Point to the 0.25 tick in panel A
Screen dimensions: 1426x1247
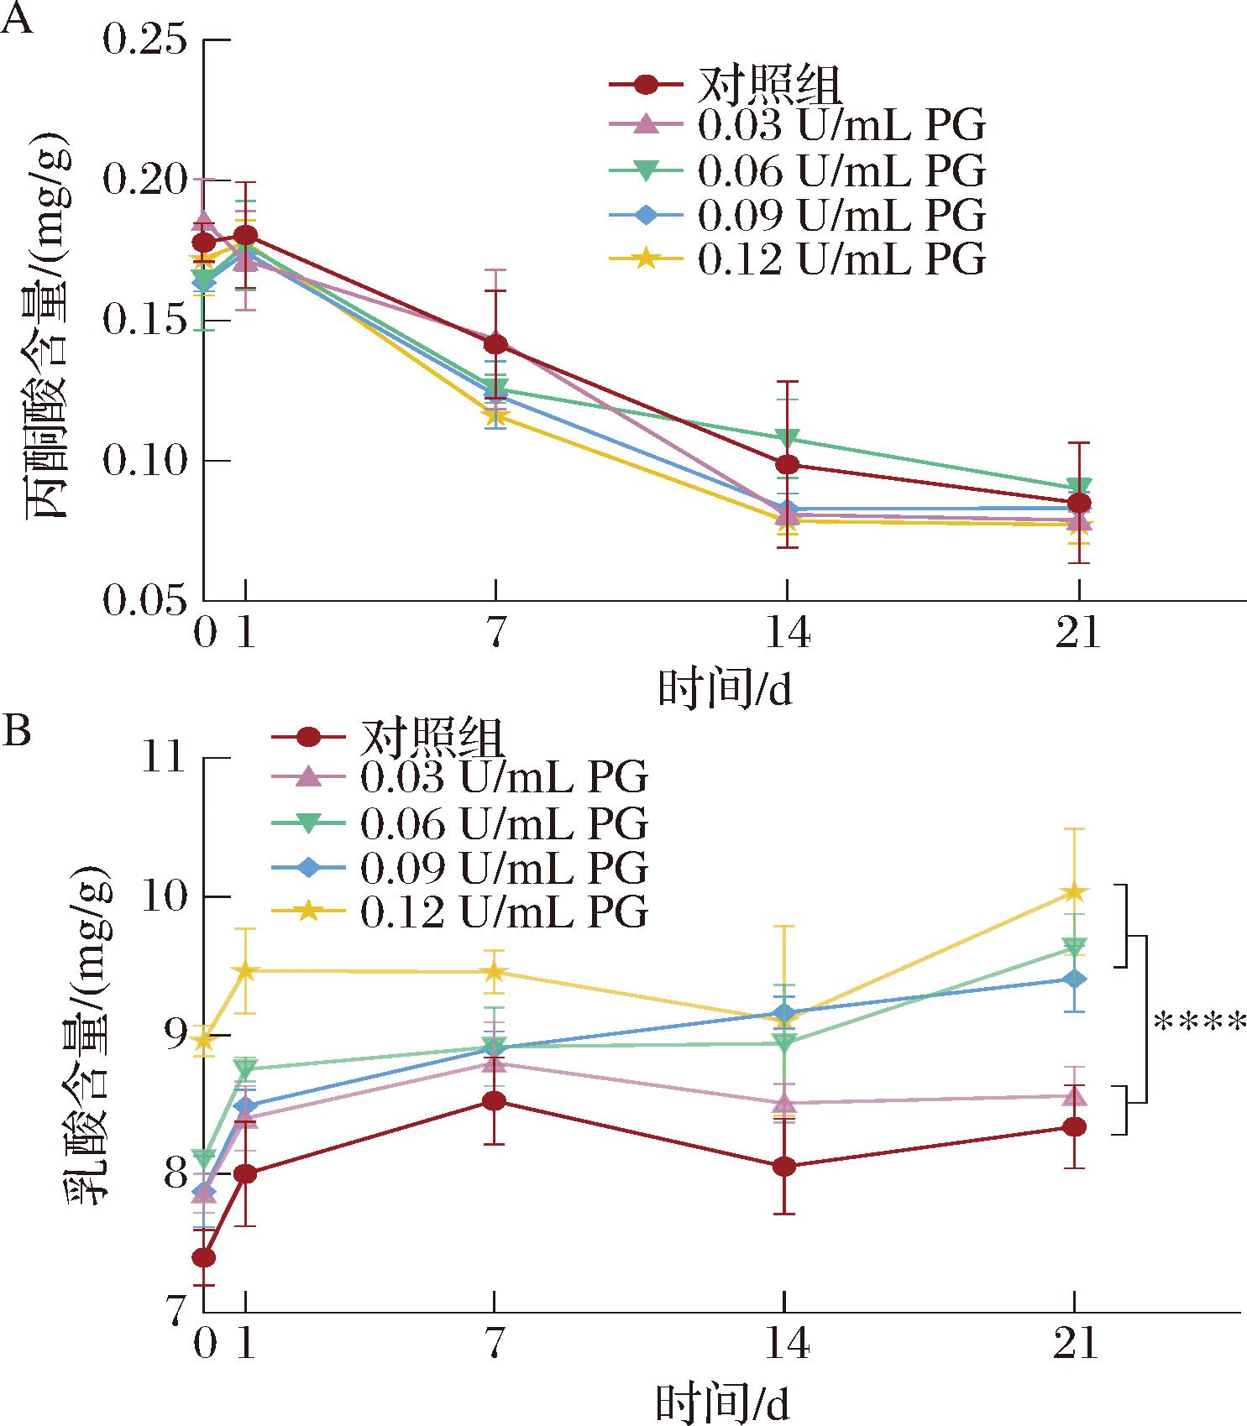point(144,39)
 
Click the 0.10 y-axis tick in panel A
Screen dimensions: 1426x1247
point(144,461)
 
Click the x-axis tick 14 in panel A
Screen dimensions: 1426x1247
point(787,634)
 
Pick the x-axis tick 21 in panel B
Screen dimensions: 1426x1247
point(1076,1345)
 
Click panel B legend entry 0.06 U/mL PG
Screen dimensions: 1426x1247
point(504,824)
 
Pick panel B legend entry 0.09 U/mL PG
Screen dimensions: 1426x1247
point(504,869)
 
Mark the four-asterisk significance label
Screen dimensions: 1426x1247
point(1199,1024)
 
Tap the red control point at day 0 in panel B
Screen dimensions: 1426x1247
point(204,1257)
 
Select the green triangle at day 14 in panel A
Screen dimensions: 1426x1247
point(787,438)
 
